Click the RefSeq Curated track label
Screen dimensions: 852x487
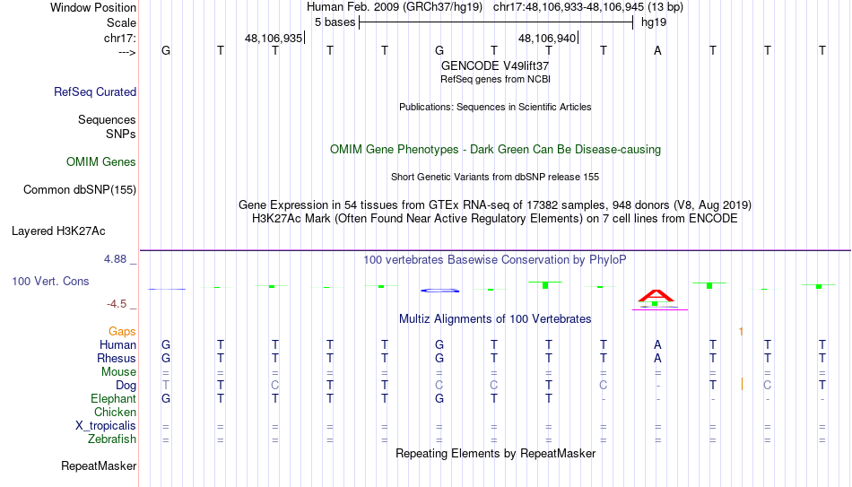click(x=95, y=91)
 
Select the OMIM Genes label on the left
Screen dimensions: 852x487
click(x=101, y=162)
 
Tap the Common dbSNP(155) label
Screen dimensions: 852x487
click(x=80, y=190)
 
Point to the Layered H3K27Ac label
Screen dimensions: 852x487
click(x=58, y=231)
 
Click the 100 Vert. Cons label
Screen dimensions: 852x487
click(x=50, y=281)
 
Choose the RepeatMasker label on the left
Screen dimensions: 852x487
click(x=99, y=465)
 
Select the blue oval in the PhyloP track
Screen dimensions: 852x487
click(x=440, y=291)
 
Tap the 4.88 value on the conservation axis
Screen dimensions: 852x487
click(x=115, y=259)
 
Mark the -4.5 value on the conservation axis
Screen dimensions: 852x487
click(x=117, y=304)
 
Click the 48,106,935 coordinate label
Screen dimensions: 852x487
click(x=274, y=38)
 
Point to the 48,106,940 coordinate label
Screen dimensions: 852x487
click(x=547, y=38)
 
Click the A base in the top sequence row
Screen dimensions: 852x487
click(x=657, y=50)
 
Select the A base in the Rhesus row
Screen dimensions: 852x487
click(x=657, y=358)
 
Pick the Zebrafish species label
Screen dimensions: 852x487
click(x=112, y=439)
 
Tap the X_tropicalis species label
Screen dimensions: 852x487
click(x=106, y=426)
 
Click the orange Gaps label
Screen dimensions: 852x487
click(x=122, y=332)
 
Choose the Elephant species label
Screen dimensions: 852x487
click(x=114, y=399)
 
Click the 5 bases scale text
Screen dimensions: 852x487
click(x=335, y=22)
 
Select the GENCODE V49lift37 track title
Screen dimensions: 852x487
click(x=495, y=65)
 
